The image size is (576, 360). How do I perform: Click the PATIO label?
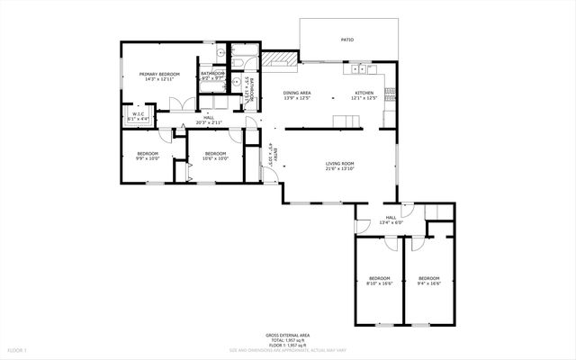pyautogui.click(x=346, y=40)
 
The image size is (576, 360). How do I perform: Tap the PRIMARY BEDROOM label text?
pyautogui.click(x=159, y=74)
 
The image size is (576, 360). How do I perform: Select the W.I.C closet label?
pyautogui.click(x=139, y=113)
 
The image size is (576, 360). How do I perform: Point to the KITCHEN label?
pyautogui.click(x=364, y=93)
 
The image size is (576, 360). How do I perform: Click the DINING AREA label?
pyautogui.click(x=297, y=93)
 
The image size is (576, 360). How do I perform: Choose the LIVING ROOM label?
pyautogui.click(x=341, y=164)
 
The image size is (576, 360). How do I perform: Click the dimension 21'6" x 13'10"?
pyautogui.click(x=341, y=169)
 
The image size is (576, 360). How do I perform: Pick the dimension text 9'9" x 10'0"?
pyautogui.click(x=148, y=158)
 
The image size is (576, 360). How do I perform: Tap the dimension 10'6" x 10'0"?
pyautogui.click(x=216, y=158)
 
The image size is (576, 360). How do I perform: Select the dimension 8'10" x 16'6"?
pyautogui.click(x=380, y=283)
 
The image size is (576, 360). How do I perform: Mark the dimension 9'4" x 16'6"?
pyautogui.click(x=428, y=283)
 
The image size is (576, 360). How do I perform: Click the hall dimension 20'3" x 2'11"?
pyautogui.click(x=209, y=123)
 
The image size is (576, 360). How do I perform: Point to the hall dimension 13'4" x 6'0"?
pyautogui.click(x=391, y=222)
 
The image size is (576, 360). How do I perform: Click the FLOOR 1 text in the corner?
pyautogui.click(x=18, y=349)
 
